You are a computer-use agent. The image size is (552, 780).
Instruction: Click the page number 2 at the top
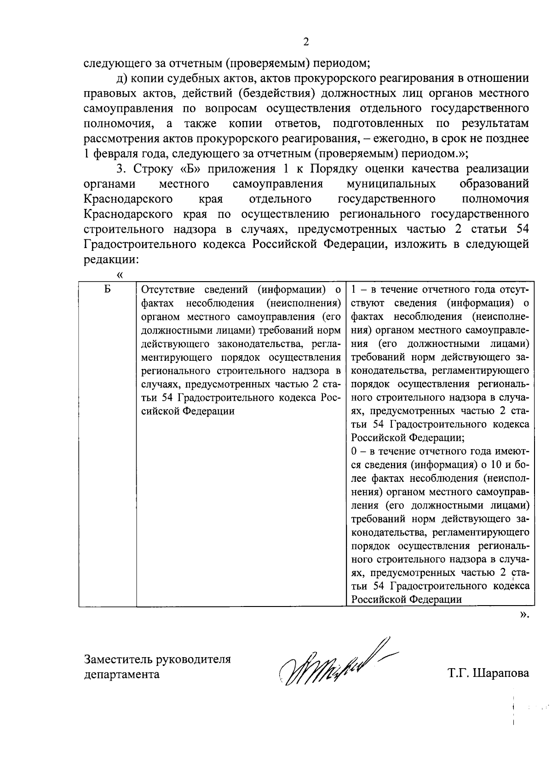(306, 42)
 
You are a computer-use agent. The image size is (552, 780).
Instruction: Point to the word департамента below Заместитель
(122, 674)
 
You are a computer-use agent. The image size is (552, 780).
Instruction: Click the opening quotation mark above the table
(120, 275)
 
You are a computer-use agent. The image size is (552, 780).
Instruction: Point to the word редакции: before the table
(111, 259)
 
